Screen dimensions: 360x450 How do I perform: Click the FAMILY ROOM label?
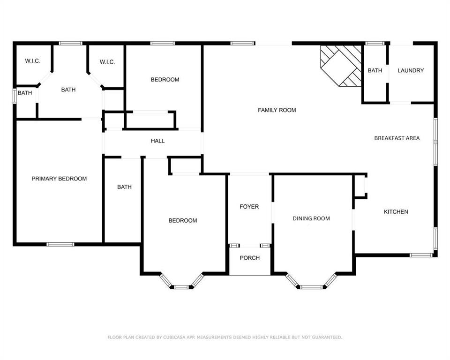[277, 110]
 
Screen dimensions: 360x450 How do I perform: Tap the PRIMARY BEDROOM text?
[59, 179]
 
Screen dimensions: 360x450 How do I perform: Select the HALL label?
[157, 141]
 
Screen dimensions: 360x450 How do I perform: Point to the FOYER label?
[249, 207]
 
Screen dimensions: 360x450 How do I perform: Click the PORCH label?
[249, 258]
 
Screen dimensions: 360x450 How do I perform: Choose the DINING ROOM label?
[311, 218]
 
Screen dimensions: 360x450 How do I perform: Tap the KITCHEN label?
[396, 212]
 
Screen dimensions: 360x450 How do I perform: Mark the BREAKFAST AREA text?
[397, 138]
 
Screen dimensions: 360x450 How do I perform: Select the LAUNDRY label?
[411, 70]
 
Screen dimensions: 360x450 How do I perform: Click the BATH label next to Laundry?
[375, 70]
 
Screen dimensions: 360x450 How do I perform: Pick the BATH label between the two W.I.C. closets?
[68, 90]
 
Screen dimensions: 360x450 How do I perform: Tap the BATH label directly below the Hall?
[124, 187]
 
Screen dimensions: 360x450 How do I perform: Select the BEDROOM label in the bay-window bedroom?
[183, 220]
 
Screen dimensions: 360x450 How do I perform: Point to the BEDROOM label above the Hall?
[165, 80]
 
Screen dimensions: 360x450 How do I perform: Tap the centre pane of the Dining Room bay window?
[311, 286]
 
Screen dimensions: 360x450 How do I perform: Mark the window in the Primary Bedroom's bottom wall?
[60, 244]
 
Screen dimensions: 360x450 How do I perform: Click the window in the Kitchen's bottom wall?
[421, 255]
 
